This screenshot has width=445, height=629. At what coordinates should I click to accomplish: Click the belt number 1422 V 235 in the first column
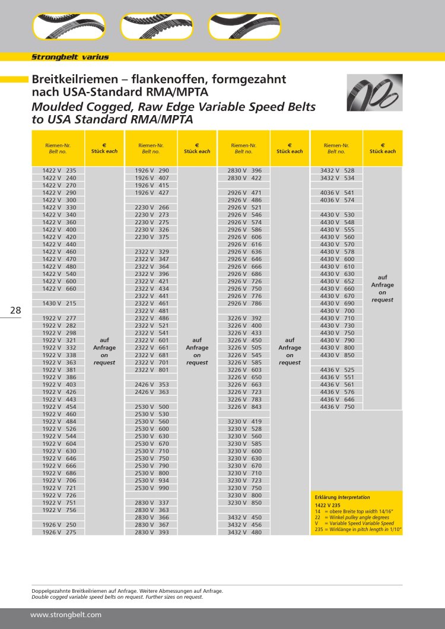pos(59,170)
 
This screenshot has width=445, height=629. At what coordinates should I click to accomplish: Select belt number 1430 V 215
pos(59,303)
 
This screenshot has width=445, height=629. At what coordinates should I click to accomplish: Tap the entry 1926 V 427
pos(152,192)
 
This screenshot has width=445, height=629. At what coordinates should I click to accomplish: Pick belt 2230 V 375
pos(152,237)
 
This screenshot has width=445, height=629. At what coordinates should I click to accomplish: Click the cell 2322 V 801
pos(152,370)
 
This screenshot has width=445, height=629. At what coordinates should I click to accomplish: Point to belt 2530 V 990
pos(152,488)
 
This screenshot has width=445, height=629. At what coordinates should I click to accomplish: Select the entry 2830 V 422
pos(244,177)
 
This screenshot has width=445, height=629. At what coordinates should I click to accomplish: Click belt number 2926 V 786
pos(244,303)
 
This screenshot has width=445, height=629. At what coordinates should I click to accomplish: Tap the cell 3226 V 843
pos(244,406)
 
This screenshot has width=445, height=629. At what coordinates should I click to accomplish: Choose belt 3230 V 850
pos(244,503)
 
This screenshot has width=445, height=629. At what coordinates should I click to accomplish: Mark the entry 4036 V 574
pos(337,200)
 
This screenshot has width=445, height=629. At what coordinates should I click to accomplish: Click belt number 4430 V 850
pos(337,355)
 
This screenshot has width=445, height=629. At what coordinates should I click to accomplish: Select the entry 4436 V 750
pos(337,406)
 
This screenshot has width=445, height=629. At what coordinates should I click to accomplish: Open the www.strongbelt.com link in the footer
pos(66,615)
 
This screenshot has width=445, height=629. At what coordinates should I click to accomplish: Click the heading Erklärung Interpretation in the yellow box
pos(342,497)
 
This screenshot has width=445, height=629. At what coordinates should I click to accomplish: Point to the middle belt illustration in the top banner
pos(157,26)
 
